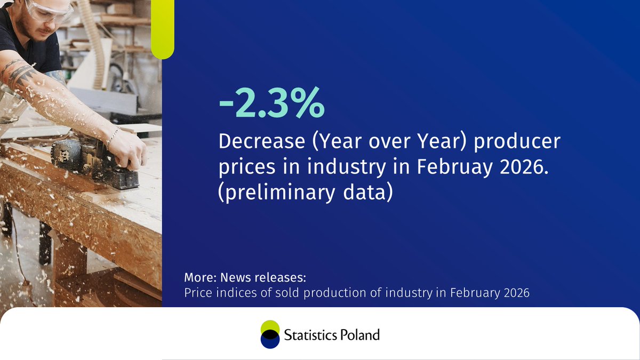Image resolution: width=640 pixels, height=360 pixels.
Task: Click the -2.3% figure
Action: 271,104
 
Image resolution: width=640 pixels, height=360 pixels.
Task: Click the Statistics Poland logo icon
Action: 270,335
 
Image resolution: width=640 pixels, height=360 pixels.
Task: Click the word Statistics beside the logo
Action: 309,335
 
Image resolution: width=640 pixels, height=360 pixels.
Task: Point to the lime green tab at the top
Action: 163,29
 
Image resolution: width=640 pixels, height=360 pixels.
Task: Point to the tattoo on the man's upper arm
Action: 21,75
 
